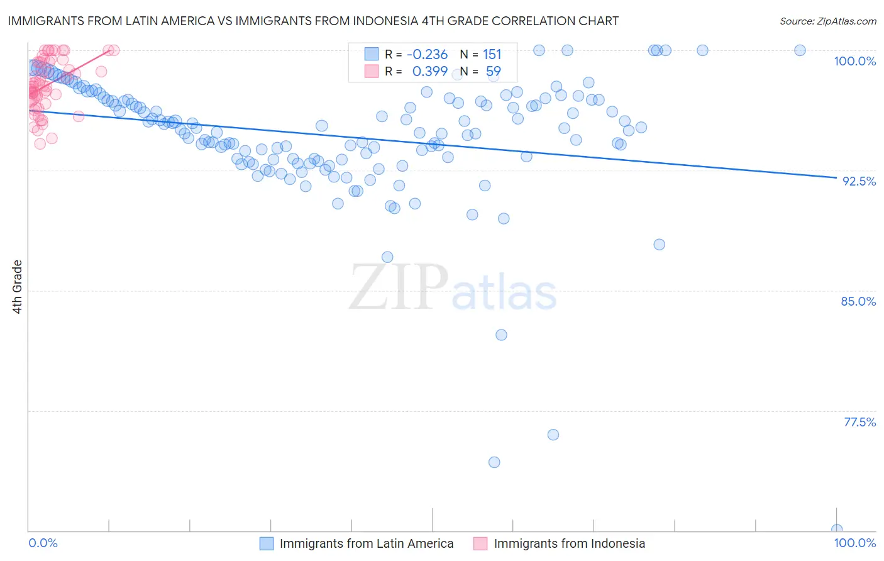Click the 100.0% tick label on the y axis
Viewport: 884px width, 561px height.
[854, 61]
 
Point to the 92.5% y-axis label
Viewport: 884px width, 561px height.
[859, 181]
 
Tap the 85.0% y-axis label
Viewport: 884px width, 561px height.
[858, 301]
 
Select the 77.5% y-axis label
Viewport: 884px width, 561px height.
[859, 422]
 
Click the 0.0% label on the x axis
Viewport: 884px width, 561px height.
[43, 543]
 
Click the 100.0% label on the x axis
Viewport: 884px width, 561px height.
[854, 543]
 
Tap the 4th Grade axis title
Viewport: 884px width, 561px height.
[18, 287]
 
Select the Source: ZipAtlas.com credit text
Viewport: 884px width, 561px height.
[827, 21]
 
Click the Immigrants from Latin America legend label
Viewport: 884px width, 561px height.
[366, 543]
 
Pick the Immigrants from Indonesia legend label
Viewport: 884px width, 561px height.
[569, 543]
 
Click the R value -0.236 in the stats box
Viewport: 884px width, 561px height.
[427, 54]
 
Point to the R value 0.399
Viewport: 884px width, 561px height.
[429, 72]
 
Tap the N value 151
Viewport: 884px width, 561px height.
[492, 54]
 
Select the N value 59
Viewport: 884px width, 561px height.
[493, 72]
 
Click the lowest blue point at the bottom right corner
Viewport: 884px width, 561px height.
[836, 530]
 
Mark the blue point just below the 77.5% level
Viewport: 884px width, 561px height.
[553, 435]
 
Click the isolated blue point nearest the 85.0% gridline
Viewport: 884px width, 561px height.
[501, 335]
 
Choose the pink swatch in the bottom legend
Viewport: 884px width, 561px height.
[480, 543]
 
